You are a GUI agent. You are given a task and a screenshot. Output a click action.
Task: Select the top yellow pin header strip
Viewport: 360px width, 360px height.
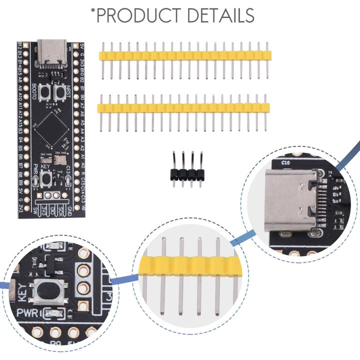tap(185, 54)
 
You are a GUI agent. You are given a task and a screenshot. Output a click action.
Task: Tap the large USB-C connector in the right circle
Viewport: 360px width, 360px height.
tap(287, 200)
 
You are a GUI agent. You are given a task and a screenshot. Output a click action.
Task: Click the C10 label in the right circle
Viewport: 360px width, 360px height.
tap(285, 162)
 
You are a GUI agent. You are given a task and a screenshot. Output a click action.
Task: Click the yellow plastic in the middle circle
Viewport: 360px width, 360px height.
tap(190, 268)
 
